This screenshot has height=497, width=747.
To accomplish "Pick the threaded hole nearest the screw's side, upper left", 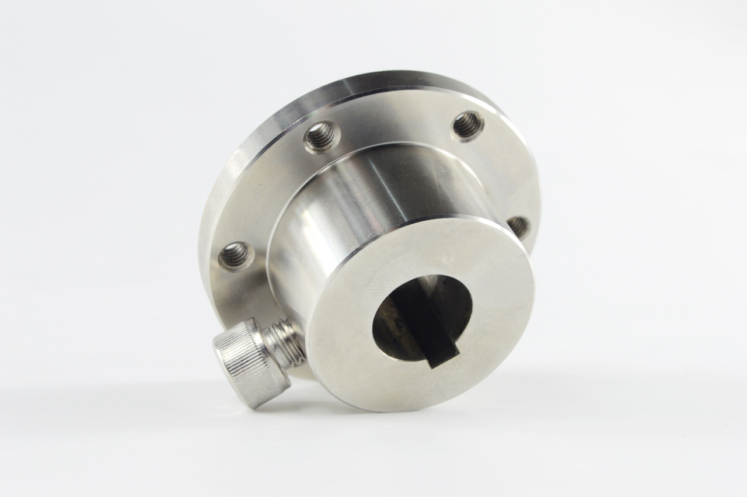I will pyautogui.click(x=322, y=137).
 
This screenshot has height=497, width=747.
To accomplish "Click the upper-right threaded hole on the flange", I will pyautogui.click(x=467, y=125).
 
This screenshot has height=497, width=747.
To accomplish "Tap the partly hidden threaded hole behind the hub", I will pyautogui.click(x=518, y=227).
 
